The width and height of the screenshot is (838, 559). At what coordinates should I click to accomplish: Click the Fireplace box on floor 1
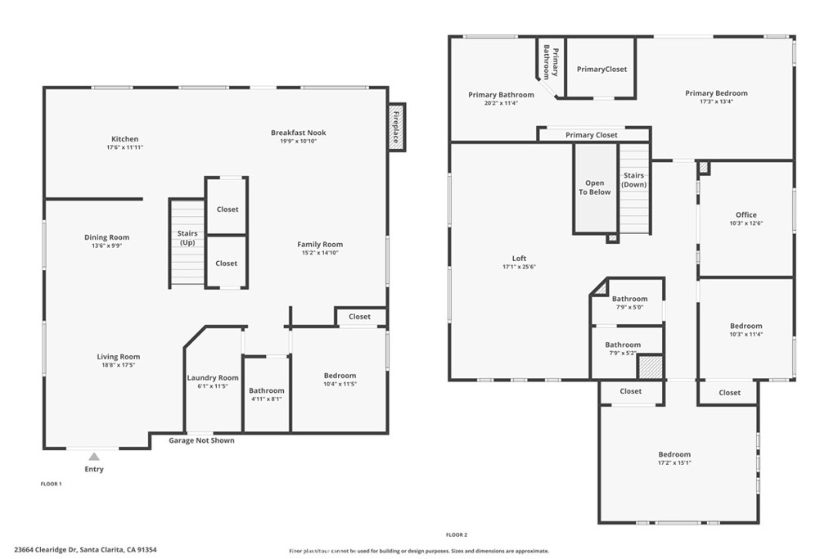click(397, 127)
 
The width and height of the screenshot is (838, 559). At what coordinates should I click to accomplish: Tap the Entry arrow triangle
click(94, 457)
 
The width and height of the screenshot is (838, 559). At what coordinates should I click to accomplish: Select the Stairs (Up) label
click(187, 238)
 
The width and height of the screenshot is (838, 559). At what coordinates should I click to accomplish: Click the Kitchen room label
click(124, 139)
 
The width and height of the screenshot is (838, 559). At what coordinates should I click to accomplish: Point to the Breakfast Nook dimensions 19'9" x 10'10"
click(298, 141)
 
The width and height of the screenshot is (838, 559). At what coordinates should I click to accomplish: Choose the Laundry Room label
click(213, 378)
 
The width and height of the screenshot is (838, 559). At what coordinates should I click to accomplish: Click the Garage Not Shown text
click(201, 440)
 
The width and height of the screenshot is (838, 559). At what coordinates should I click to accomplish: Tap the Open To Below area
click(596, 187)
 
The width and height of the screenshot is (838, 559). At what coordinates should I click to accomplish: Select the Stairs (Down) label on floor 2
click(634, 179)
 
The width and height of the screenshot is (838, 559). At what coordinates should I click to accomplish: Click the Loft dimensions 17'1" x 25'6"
click(519, 267)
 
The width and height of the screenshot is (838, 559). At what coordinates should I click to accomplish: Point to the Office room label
click(746, 214)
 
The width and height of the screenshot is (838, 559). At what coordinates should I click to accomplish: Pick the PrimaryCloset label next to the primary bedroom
click(601, 69)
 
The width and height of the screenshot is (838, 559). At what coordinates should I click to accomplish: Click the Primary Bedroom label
click(716, 93)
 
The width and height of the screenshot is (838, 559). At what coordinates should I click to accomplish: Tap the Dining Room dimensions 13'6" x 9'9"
click(107, 246)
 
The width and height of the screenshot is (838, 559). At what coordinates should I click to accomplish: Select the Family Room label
click(320, 244)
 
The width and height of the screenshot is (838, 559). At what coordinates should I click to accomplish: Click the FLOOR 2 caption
click(457, 534)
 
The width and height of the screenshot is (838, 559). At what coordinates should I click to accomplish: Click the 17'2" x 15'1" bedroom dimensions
click(674, 462)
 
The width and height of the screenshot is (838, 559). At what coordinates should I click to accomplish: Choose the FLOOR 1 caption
click(52, 485)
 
